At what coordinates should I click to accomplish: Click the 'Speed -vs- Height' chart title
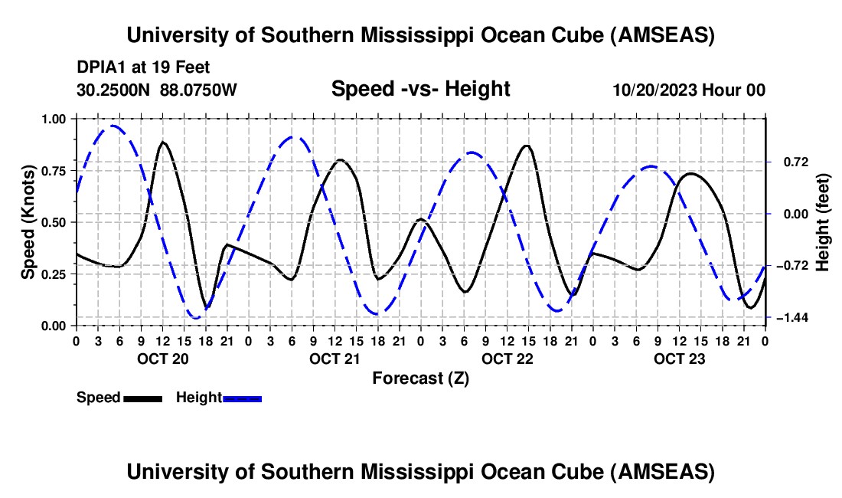[x=420, y=89]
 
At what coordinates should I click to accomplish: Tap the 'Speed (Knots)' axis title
[x=28, y=221]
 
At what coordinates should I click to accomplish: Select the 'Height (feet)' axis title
[x=823, y=221]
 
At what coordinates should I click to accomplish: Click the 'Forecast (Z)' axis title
[x=420, y=378]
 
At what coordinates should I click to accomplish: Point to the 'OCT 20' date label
[x=162, y=359]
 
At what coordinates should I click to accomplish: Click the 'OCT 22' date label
[x=507, y=359]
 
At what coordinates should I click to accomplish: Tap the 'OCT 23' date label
[x=679, y=359]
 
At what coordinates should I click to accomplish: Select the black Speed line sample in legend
[x=143, y=398]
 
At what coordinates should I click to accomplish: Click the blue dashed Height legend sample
[x=243, y=398]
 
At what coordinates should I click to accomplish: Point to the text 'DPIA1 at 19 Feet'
[x=143, y=68]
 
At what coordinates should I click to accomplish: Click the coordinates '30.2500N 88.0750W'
[x=157, y=90]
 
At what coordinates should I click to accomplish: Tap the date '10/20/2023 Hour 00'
[x=689, y=90]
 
